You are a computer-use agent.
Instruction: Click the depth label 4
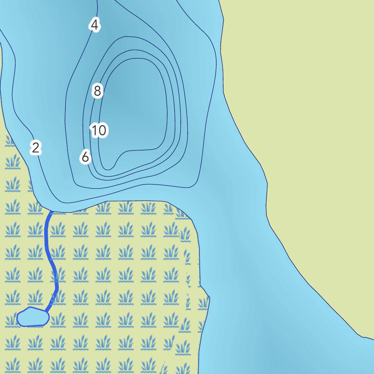click(x=95, y=26)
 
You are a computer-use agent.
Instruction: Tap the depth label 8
click(x=97, y=91)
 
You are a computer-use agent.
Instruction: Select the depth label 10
click(x=99, y=130)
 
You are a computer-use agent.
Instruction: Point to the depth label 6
click(x=85, y=157)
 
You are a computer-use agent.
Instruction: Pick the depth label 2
click(x=35, y=148)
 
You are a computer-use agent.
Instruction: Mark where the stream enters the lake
click(x=51, y=211)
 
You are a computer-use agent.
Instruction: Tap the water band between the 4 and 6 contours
click(x=77, y=110)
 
